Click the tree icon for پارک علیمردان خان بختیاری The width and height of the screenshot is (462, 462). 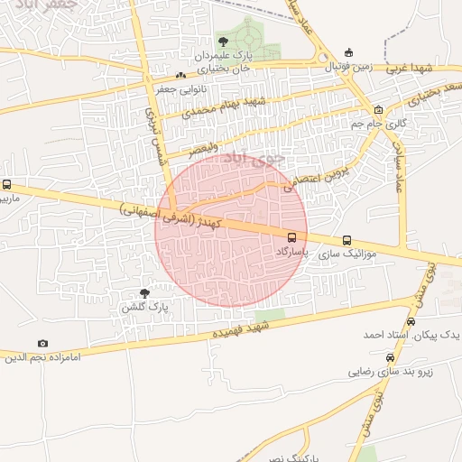[223, 42]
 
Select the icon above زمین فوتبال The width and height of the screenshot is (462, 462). [349, 52]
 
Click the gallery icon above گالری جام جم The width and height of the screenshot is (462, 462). [378, 110]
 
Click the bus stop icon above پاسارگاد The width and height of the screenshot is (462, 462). [291, 239]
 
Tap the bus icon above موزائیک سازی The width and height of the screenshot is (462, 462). [347, 240]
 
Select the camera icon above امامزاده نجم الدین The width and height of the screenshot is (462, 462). [42, 343]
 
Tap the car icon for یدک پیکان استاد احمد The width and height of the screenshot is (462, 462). [411, 321]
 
